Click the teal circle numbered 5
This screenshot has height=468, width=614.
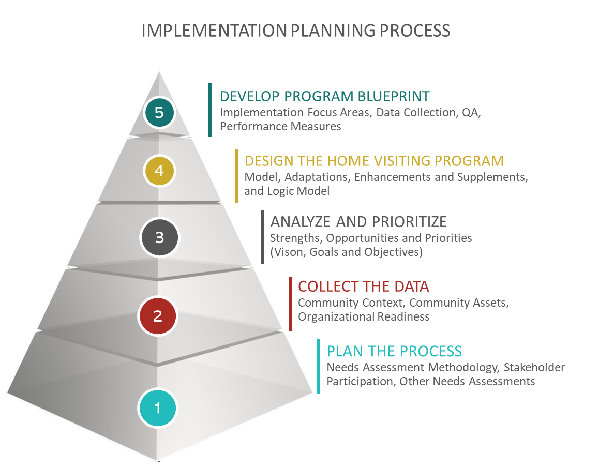pyautogui.click(x=159, y=113)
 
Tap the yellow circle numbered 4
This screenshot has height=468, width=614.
pyautogui.click(x=159, y=171)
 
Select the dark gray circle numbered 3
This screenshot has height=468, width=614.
pyautogui.click(x=159, y=237)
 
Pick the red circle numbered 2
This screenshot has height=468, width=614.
pyautogui.click(x=158, y=315)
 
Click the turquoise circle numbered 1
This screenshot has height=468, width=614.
pyautogui.click(x=158, y=408)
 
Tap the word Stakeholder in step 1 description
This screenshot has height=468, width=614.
pyautogui.click(x=534, y=367)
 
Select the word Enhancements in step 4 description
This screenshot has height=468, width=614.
pyautogui.click(x=388, y=177)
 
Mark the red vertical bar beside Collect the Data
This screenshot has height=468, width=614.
pyautogui.click(x=290, y=304)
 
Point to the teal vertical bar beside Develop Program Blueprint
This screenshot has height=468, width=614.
pyautogui.click(x=210, y=110)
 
